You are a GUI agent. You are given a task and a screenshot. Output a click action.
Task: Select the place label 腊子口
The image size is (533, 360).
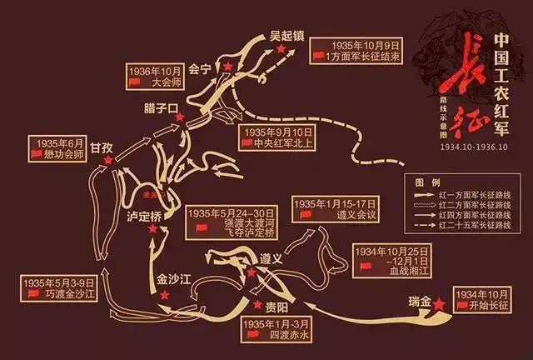162,109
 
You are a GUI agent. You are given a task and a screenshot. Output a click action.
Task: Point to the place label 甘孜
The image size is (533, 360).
102,147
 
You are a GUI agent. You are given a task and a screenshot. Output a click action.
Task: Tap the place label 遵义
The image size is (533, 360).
273,257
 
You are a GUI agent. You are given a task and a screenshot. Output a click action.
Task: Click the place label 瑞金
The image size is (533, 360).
419,297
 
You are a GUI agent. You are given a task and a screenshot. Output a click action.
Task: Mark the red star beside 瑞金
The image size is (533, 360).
440,305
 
